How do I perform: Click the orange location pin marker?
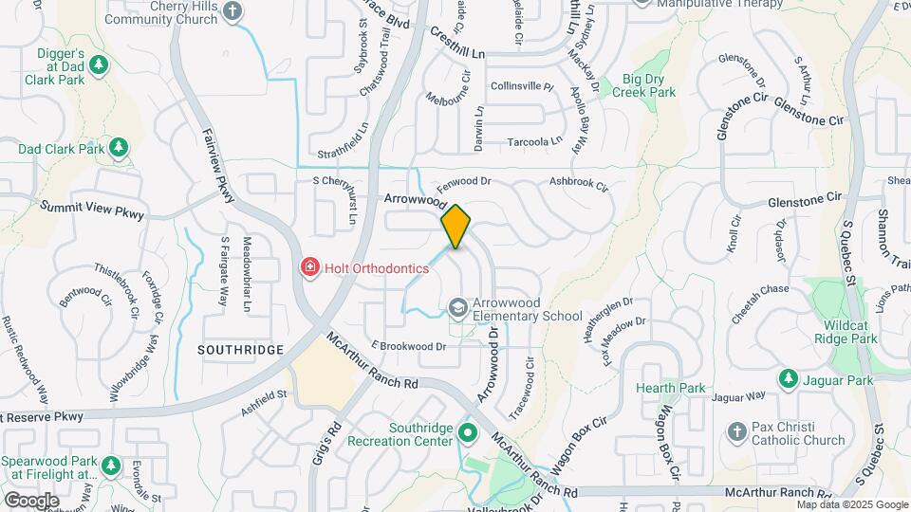coord(455,226)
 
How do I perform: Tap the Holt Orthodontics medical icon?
coord(308,268)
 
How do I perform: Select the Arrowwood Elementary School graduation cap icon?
coord(458,307)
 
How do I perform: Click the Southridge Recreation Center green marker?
coord(467,433)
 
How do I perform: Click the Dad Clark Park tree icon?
coord(118,148)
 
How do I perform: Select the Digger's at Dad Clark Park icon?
coord(98,66)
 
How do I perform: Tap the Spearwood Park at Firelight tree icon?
coord(110,466)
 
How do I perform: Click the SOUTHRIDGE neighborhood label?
coord(241,350)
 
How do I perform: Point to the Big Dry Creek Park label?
coord(643,85)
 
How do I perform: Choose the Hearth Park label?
coord(671,388)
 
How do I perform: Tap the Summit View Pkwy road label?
coord(91,210)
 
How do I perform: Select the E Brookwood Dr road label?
coord(409,346)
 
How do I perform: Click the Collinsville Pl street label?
coord(522,86)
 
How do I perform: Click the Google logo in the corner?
coord(31,500)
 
